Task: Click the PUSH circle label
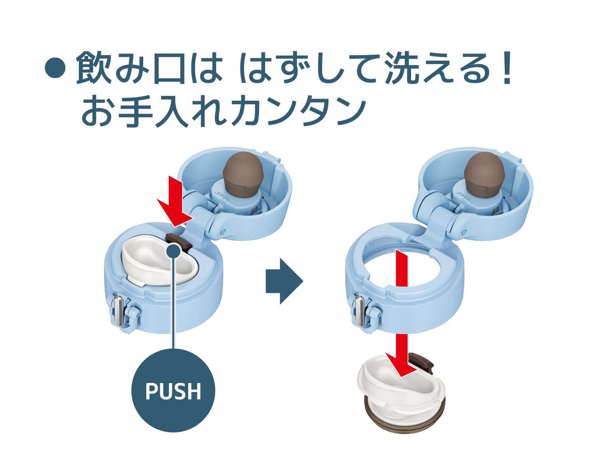coord(173,390)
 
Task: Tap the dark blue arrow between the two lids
coord(284,281)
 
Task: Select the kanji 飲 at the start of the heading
coord(94,68)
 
